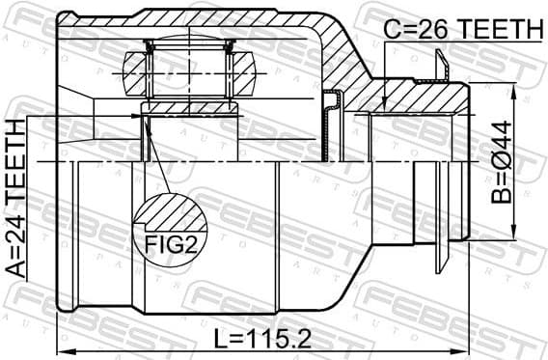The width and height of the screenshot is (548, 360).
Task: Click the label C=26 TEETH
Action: (x=462, y=30)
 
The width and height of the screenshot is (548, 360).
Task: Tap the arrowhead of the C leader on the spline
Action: (x=383, y=108)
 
